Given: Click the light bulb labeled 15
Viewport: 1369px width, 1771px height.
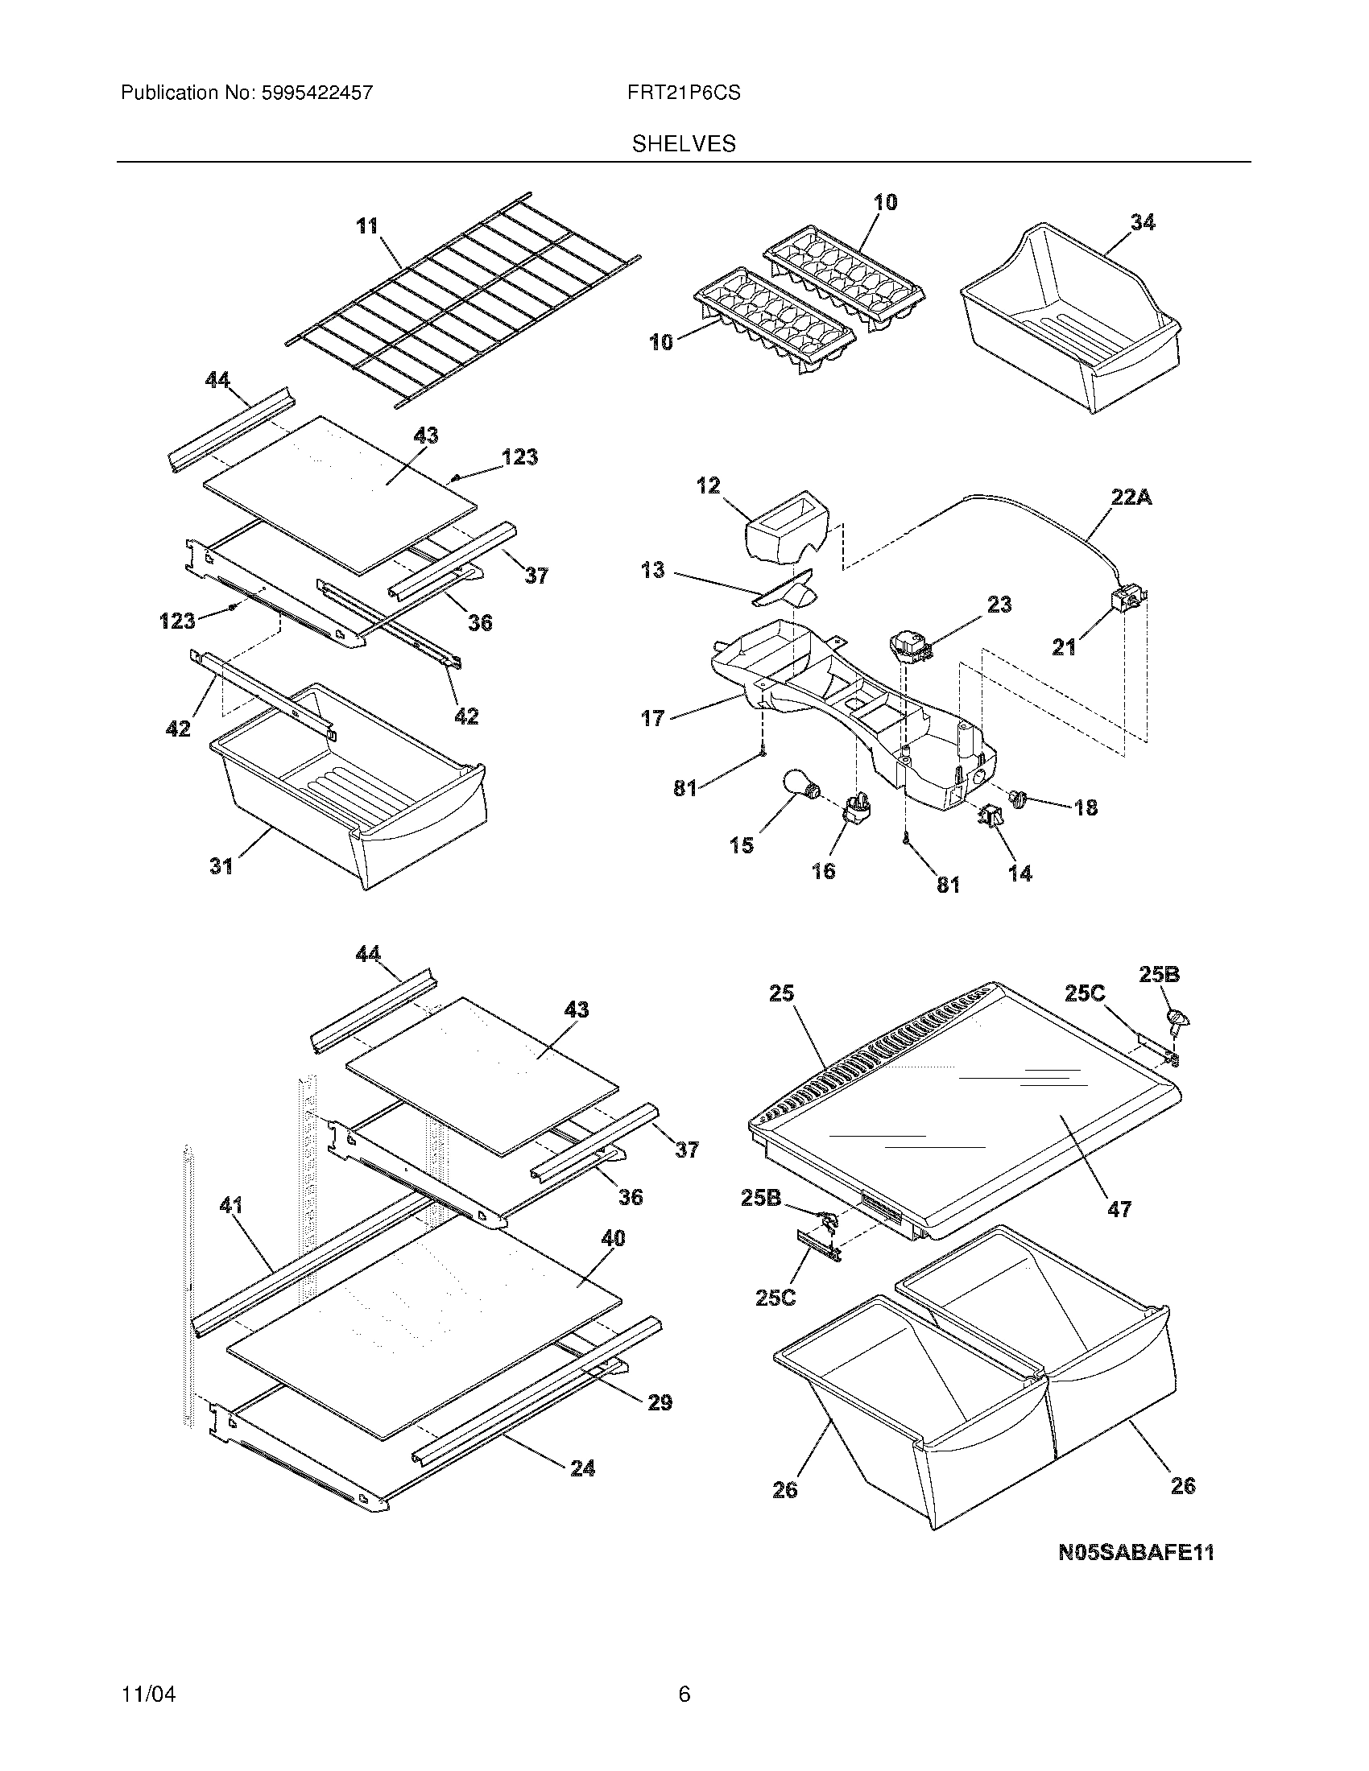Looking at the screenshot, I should point(801,785).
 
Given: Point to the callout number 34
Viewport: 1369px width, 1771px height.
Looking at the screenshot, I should point(1142,222).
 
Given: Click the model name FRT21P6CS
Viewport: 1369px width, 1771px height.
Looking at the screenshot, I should point(683,93).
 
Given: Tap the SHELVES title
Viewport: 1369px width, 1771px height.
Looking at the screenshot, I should point(684,144).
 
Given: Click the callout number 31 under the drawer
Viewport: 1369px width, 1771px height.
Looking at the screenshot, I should point(221,867).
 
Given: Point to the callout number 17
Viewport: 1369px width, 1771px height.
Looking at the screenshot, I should point(652,717).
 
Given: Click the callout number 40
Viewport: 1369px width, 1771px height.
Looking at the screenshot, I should point(613,1238).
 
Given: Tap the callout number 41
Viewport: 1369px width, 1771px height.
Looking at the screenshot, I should point(231,1207).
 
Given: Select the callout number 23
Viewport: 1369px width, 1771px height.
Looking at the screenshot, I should point(999,605).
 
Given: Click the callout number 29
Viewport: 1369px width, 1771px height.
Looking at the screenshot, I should point(660,1403).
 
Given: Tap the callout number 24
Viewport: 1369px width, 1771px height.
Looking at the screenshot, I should point(582,1468).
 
